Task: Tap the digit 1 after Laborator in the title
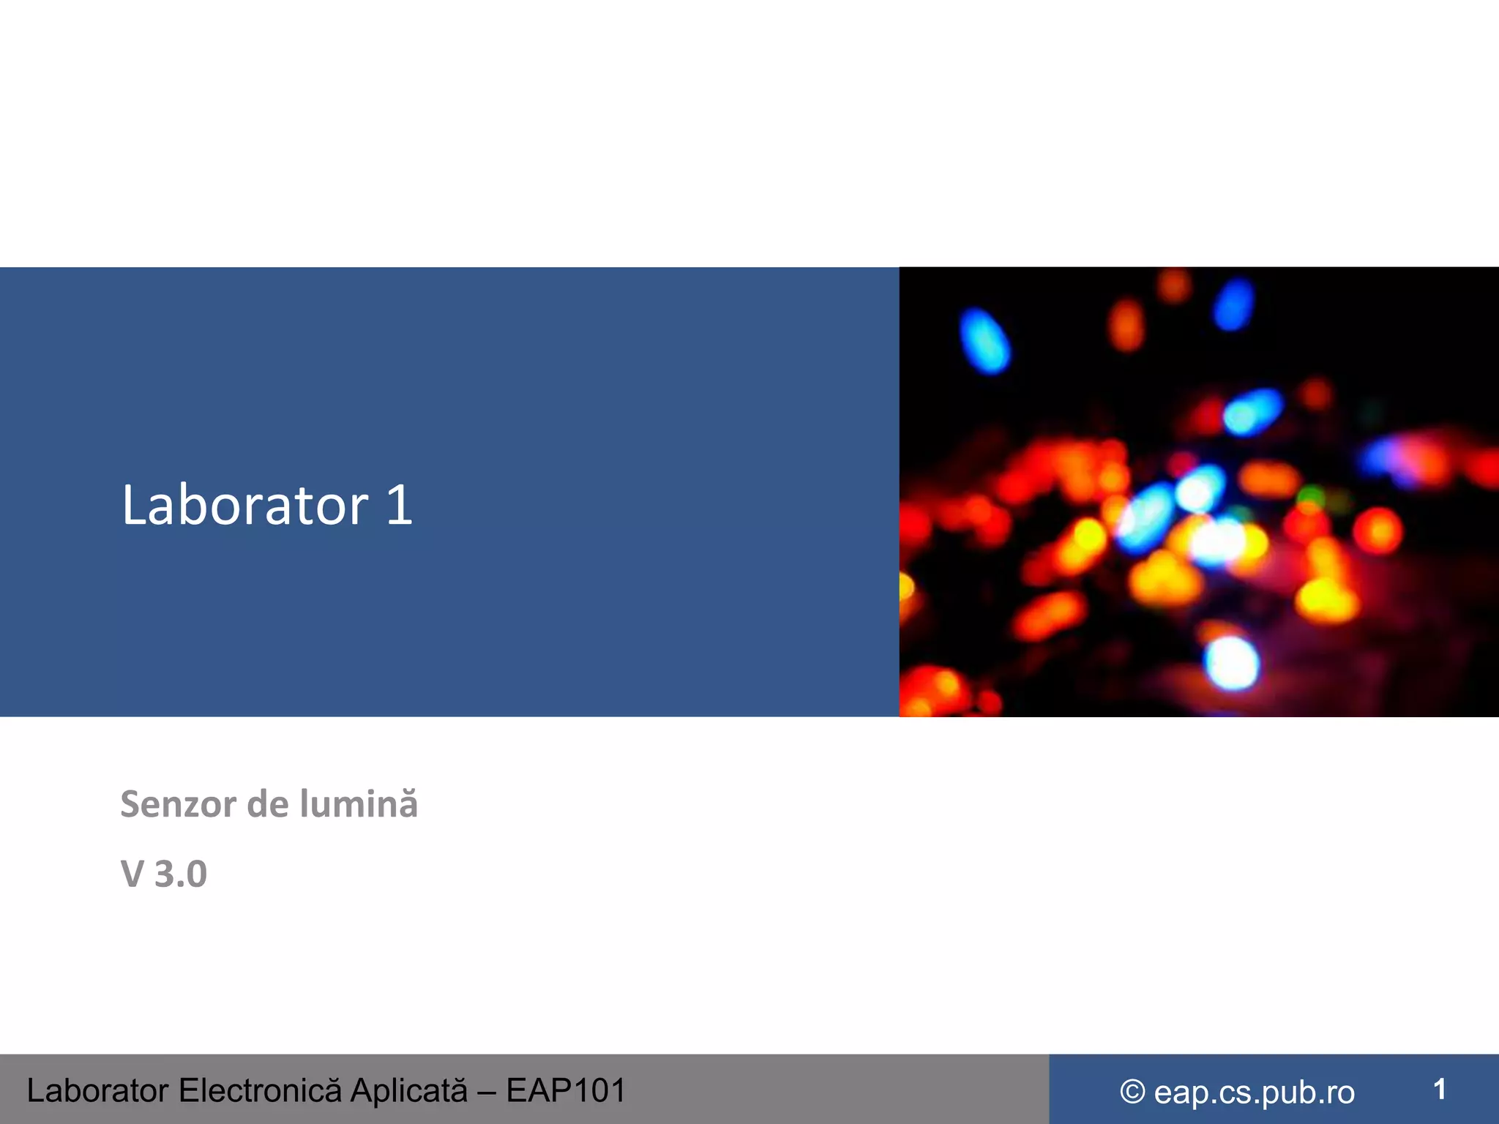pyautogui.click(x=400, y=505)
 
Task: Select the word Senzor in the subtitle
pyautogui.click(x=178, y=804)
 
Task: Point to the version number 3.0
pyautogui.click(x=181, y=874)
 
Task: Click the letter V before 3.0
pyautogui.click(x=132, y=874)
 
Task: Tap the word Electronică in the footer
pyautogui.click(x=260, y=1090)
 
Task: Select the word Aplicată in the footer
pyautogui.click(x=408, y=1090)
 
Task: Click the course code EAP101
pyautogui.click(x=566, y=1090)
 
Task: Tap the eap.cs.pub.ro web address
pyautogui.click(x=1254, y=1093)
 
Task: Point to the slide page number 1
pyautogui.click(x=1439, y=1090)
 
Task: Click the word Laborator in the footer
pyautogui.click(x=98, y=1090)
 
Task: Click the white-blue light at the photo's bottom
pyautogui.click(x=1232, y=662)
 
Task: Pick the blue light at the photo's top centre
pyautogui.click(x=1234, y=303)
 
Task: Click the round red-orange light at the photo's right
pyautogui.click(x=1378, y=531)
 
